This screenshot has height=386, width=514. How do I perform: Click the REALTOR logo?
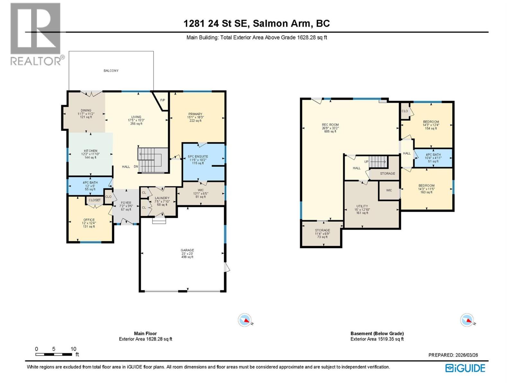[35, 34]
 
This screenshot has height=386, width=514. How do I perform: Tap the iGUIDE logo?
[465, 368]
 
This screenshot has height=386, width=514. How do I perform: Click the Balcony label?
[111, 70]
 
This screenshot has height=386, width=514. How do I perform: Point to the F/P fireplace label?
[163, 100]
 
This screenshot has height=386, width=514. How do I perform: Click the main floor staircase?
[153, 160]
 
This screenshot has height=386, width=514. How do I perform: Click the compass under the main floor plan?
[245, 320]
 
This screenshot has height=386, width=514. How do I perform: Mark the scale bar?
[54, 354]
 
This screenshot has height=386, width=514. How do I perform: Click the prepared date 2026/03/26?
[453, 355]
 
